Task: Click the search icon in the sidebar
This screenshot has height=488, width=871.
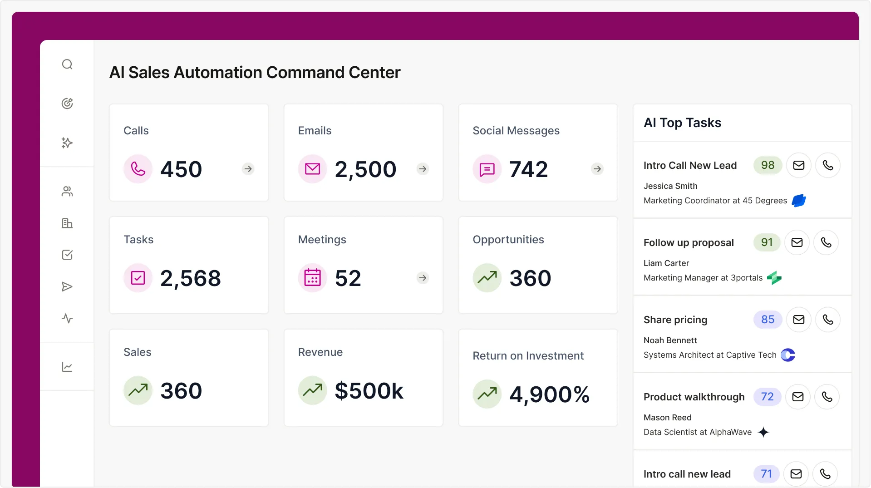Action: (x=67, y=64)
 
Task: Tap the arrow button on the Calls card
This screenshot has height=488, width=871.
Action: (x=248, y=169)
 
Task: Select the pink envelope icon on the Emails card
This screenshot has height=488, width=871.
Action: (x=312, y=169)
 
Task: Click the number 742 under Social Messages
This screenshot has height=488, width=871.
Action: (x=528, y=169)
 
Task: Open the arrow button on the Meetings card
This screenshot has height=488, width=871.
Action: (x=423, y=278)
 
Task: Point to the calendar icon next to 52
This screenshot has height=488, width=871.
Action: (x=312, y=278)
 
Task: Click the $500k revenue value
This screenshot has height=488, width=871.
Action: (x=369, y=391)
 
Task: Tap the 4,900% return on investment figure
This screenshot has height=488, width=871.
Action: (x=549, y=394)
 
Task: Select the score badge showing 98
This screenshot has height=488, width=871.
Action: (x=768, y=165)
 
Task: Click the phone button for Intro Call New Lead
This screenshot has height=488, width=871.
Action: (x=827, y=165)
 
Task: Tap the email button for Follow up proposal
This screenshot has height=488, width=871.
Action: (x=797, y=242)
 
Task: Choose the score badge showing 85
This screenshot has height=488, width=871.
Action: (x=768, y=320)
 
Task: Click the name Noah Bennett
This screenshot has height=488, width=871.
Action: (x=670, y=340)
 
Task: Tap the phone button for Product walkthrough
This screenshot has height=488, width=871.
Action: (x=827, y=397)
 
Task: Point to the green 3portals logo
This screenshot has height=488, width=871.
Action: (x=774, y=278)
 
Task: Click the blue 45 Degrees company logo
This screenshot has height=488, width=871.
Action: (x=798, y=201)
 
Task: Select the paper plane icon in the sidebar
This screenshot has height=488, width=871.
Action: (x=67, y=286)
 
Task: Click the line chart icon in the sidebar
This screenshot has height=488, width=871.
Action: (x=67, y=367)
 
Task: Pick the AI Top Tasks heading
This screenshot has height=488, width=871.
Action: (x=682, y=123)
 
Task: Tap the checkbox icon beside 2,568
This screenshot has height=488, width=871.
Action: (x=138, y=278)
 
